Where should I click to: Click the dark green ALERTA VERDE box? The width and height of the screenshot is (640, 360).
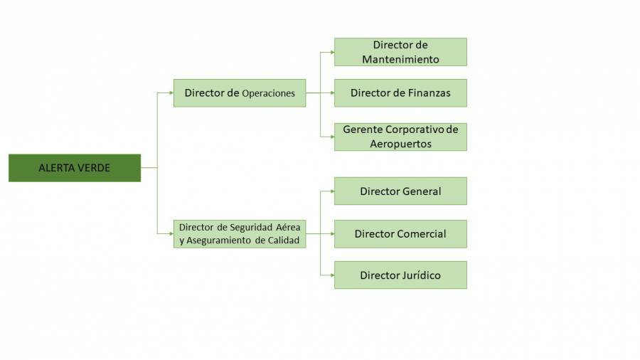click(x=75, y=168)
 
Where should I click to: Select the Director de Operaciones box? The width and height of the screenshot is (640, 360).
click(x=240, y=93)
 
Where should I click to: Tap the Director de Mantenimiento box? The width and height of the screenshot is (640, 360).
click(x=400, y=52)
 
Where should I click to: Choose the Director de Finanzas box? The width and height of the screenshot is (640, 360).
click(x=400, y=93)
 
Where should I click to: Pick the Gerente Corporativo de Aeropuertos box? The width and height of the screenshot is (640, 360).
click(x=400, y=137)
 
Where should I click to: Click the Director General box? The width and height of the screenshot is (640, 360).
click(x=400, y=191)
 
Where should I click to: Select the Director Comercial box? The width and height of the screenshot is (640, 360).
click(x=400, y=234)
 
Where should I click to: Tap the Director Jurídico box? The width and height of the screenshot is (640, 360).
click(x=400, y=275)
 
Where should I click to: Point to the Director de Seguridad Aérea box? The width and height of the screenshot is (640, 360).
click(x=240, y=234)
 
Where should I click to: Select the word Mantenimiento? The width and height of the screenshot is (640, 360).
click(x=400, y=60)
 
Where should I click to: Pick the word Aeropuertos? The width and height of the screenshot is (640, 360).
click(x=400, y=144)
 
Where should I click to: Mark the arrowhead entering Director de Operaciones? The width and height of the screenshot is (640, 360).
click(x=171, y=93)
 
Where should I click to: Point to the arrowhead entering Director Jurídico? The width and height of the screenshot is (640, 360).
click(x=331, y=275)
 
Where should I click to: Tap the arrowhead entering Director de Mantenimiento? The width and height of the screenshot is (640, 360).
click(x=331, y=52)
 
